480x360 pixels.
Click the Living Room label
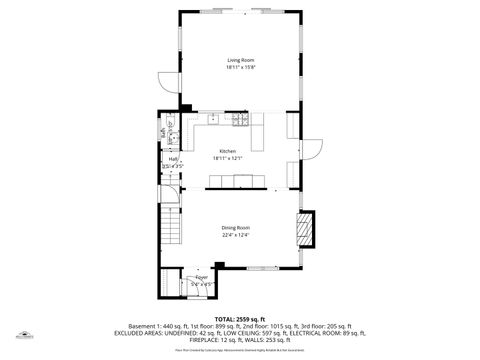pos(241,60)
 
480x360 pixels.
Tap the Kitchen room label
pos(228,151)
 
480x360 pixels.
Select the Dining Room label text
pos(236,228)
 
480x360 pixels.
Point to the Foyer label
pos(202,277)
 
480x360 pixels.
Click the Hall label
pos(173,159)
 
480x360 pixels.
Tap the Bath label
pos(161,131)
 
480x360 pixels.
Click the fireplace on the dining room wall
pos(307,228)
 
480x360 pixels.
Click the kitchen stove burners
pos(213,118)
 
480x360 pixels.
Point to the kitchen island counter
pos(241,180)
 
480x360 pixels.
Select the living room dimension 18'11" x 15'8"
pos(241,67)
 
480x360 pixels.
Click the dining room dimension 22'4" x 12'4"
pos(236,235)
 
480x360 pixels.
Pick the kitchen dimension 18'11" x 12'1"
pos(228,158)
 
